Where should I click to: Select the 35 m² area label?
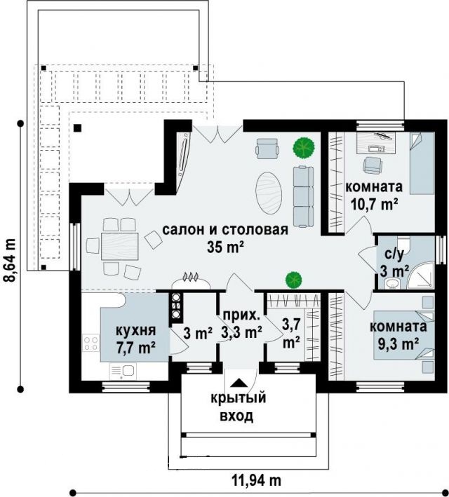tap(225, 247)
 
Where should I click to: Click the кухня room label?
tap(135, 331)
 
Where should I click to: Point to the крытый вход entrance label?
tap(239, 407)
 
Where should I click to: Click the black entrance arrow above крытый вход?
tap(239, 383)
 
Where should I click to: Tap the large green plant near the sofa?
tap(304, 147)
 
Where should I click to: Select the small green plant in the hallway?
tap(293, 280)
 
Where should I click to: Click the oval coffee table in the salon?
tap(269, 193)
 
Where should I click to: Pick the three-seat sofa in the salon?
tap(303, 196)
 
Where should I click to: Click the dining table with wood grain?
tap(120, 246)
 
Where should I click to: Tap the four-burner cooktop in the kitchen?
tap(91, 343)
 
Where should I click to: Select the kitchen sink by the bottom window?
tap(123, 371)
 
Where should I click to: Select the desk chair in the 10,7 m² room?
tap(371, 165)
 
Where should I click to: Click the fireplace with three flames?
tap(191, 281)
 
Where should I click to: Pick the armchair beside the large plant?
tap(267, 149)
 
